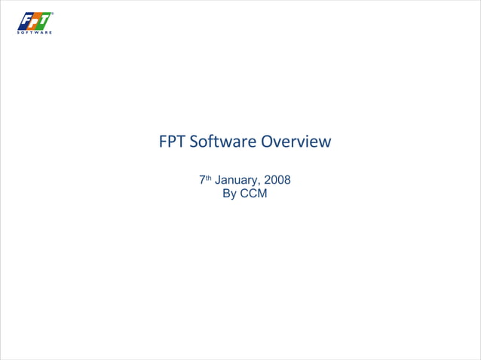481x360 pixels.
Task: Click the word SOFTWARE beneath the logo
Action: [35, 32]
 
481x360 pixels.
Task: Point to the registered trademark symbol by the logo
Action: [52, 14]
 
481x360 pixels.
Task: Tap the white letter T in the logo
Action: [45, 20]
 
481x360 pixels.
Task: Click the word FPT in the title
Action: [172, 142]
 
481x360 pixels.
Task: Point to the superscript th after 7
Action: [209, 178]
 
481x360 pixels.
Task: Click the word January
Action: [237, 181]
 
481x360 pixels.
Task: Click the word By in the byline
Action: [230, 194]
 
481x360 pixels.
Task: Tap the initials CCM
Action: [254, 194]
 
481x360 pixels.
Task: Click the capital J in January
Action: [218, 181]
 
